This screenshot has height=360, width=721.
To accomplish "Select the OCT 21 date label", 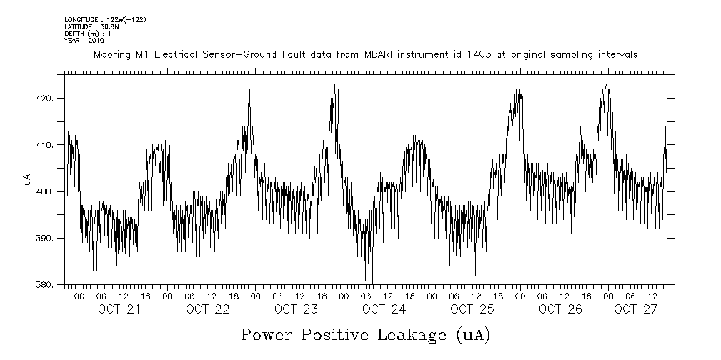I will [x=119, y=309].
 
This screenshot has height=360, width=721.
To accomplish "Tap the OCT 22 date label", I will [x=207, y=309].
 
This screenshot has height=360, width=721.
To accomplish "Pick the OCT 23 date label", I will [x=296, y=309].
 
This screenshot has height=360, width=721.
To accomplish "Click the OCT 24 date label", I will [x=384, y=309].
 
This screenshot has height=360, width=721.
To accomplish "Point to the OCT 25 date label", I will [x=472, y=309].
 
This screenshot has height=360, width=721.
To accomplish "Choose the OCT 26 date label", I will [x=561, y=309].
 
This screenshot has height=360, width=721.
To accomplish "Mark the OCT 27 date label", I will [x=635, y=309].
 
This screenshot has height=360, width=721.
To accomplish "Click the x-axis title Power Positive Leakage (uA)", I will [x=366, y=335].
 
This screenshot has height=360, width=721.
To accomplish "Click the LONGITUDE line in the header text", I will [x=105, y=19].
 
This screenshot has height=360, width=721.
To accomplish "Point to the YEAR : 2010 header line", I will [x=84, y=41].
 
